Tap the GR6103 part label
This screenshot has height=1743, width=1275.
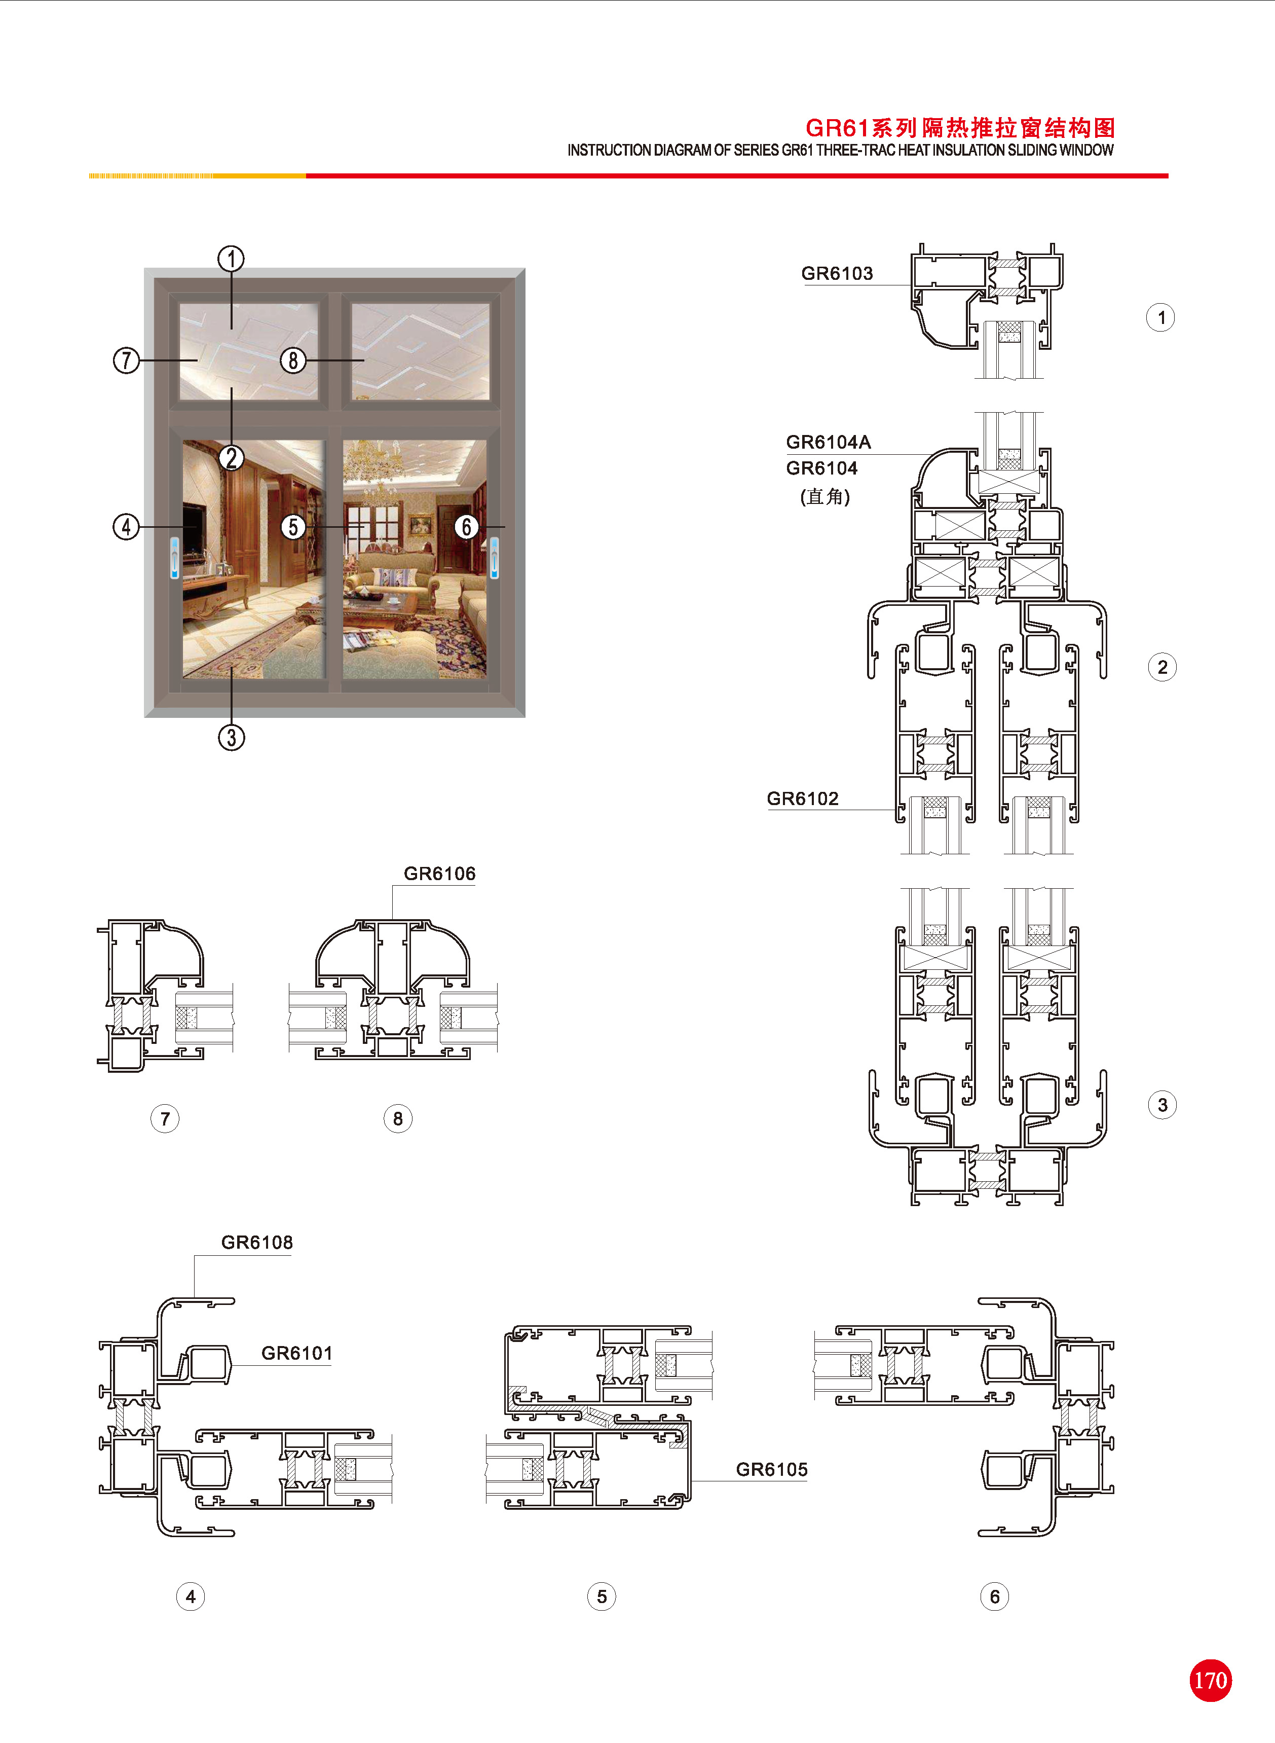[837, 273]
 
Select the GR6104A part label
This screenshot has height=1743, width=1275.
[828, 442]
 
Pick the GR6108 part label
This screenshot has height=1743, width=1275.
[257, 1242]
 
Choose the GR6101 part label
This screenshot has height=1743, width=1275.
[297, 1353]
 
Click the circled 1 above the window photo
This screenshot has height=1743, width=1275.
[231, 259]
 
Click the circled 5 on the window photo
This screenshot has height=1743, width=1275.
[292, 527]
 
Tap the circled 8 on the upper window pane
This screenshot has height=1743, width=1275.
[292, 360]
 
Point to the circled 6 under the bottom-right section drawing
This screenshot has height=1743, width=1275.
[994, 1596]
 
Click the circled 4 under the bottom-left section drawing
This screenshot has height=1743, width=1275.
[191, 1596]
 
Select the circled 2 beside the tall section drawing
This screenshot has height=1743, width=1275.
[1162, 667]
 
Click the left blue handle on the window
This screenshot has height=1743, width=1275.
[174, 558]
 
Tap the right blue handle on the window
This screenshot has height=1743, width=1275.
[494, 558]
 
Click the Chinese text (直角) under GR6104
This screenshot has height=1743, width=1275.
[825, 496]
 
